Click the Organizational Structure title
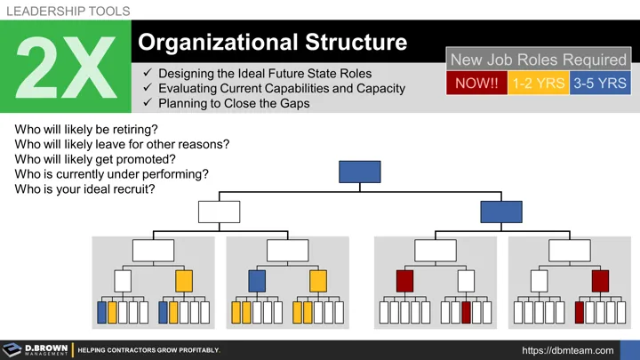pyautogui.click(x=273, y=42)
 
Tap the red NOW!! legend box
pyautogui.click(x=476, y=84)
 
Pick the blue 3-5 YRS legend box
pyautogui.click(x=598, y=84)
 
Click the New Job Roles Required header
pyautogui.click(x=538, y=60)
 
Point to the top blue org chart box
pyautogui.click(x=360, y=172)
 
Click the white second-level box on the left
pyautogui.click(x=219, y=212)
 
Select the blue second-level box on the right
pyautogui.click(x=501, y=212)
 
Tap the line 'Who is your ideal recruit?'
pyautogui.click(x=84, y=189)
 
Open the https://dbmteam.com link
pyautogui.click(x=568, y=350)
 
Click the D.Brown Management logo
pyautogui.click(x=36, y=349)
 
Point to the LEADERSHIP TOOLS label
pyautogui.click(x=68, y=12)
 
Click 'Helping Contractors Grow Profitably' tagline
pyautogui.click(x=148, y=350)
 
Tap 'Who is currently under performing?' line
pyautogui.click(x=112, y=174)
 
